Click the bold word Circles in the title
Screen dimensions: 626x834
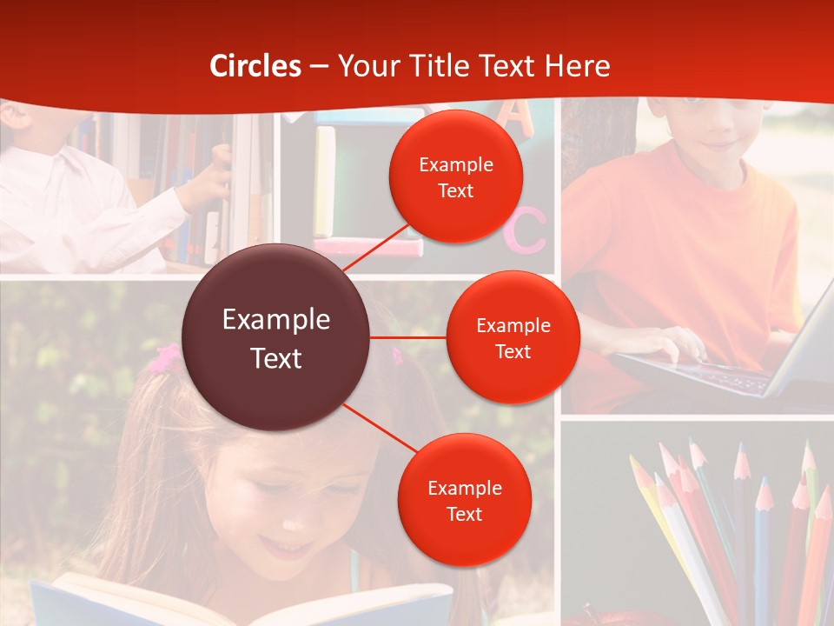click(x=255, y=66)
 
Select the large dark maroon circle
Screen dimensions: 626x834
click(x=276, y=337)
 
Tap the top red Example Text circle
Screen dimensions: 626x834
click(x=455, y=176)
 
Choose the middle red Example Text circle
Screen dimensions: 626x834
click(x=513, y=337)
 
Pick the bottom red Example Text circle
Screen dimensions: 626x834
click(x=464, y=500)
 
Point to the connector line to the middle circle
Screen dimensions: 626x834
click(x=407, y=336)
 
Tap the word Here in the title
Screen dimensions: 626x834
click(x=577, y=66)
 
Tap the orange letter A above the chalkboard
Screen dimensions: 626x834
click(x=518, y=117)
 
